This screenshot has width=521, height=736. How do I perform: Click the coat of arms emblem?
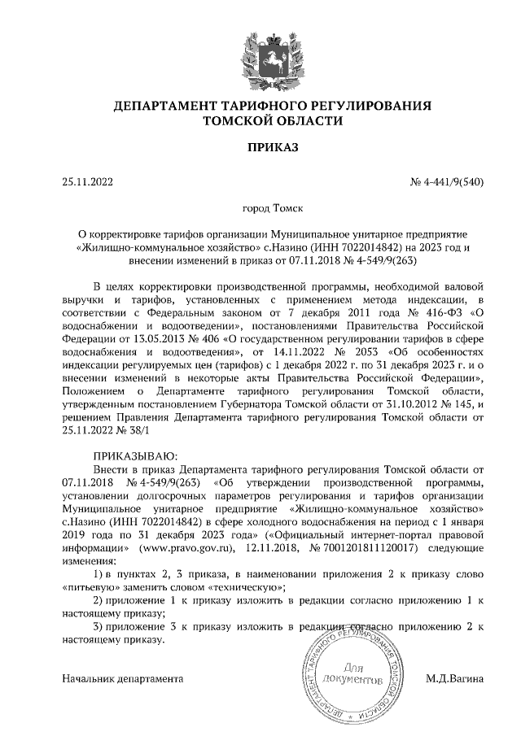click(260, 58)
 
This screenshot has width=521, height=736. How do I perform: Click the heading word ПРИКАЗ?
click(260, 148)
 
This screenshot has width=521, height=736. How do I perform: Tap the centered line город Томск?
click(260, 209)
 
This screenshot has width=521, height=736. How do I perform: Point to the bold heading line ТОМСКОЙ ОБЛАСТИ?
click(260, 120)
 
